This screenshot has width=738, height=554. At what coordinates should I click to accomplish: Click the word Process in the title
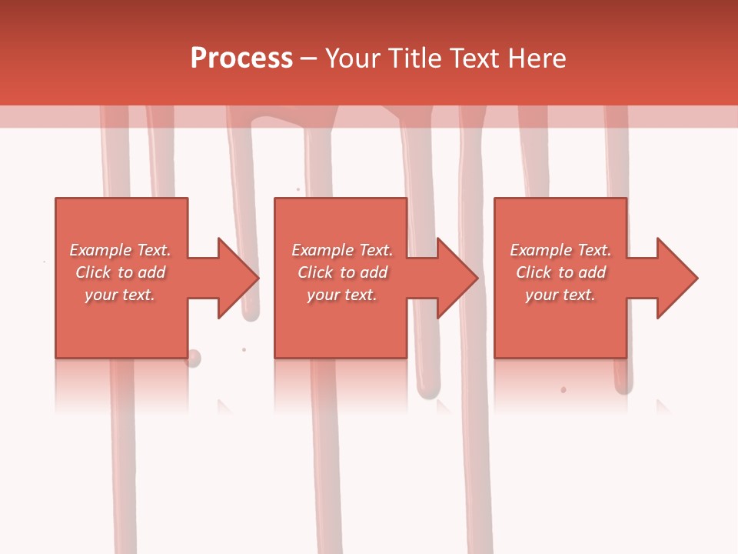[241, 58]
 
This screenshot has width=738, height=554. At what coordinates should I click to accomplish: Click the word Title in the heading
[415, 58]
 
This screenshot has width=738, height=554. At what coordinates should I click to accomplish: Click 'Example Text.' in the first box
[120, 250]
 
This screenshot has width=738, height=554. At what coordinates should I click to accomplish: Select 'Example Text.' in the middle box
[342, 250]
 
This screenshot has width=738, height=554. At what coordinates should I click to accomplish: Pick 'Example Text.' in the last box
[560, 250]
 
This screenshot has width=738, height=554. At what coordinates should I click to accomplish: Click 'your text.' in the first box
[120, 295]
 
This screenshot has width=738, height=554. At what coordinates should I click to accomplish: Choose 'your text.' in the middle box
[342, 295]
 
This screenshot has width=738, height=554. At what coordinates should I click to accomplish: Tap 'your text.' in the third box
[560, 295]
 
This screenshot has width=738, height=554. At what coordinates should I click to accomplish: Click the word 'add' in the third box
[592, 272]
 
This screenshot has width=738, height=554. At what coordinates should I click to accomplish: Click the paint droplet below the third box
[563, 390]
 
